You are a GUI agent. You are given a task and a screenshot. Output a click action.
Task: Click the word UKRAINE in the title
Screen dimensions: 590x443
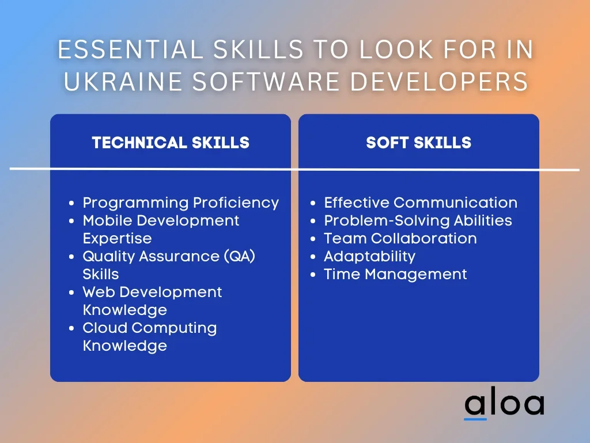(x=123, y=81)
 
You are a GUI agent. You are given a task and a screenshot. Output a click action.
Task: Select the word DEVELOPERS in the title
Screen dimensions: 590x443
(x=439, y=81)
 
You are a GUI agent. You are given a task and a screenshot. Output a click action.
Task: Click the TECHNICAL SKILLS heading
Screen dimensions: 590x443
(x=171, y=143)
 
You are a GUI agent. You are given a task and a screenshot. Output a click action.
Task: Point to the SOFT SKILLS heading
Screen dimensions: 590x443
(x=418, y=143)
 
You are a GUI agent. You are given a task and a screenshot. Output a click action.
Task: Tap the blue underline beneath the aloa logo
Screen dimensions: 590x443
(x=475, y=419)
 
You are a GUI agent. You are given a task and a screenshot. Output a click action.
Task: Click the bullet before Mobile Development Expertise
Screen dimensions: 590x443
(x=71, y=221)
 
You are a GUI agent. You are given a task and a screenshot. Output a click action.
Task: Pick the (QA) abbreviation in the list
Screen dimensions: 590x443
(x=240, y=257)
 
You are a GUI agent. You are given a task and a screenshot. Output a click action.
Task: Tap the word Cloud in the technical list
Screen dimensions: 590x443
(x=105, y=328)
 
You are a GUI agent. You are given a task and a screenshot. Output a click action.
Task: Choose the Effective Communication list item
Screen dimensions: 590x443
(x=420, y=202)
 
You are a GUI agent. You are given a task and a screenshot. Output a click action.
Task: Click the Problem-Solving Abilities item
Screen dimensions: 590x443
(x=418, y=221)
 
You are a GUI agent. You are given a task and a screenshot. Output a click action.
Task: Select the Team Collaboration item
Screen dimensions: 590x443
(x=400, y=238)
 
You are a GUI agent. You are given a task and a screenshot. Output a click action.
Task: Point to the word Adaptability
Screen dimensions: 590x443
(x=369, y=257)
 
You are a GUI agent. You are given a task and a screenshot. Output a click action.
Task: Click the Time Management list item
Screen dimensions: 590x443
(x=395, y=275)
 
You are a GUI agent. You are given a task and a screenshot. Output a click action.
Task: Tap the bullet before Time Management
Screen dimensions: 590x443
(x=313, y=275)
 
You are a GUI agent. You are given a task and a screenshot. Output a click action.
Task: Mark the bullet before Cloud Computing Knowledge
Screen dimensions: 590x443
(x=71, y=328)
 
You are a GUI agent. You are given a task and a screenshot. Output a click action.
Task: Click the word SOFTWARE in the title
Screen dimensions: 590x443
(x=266, y=81)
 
